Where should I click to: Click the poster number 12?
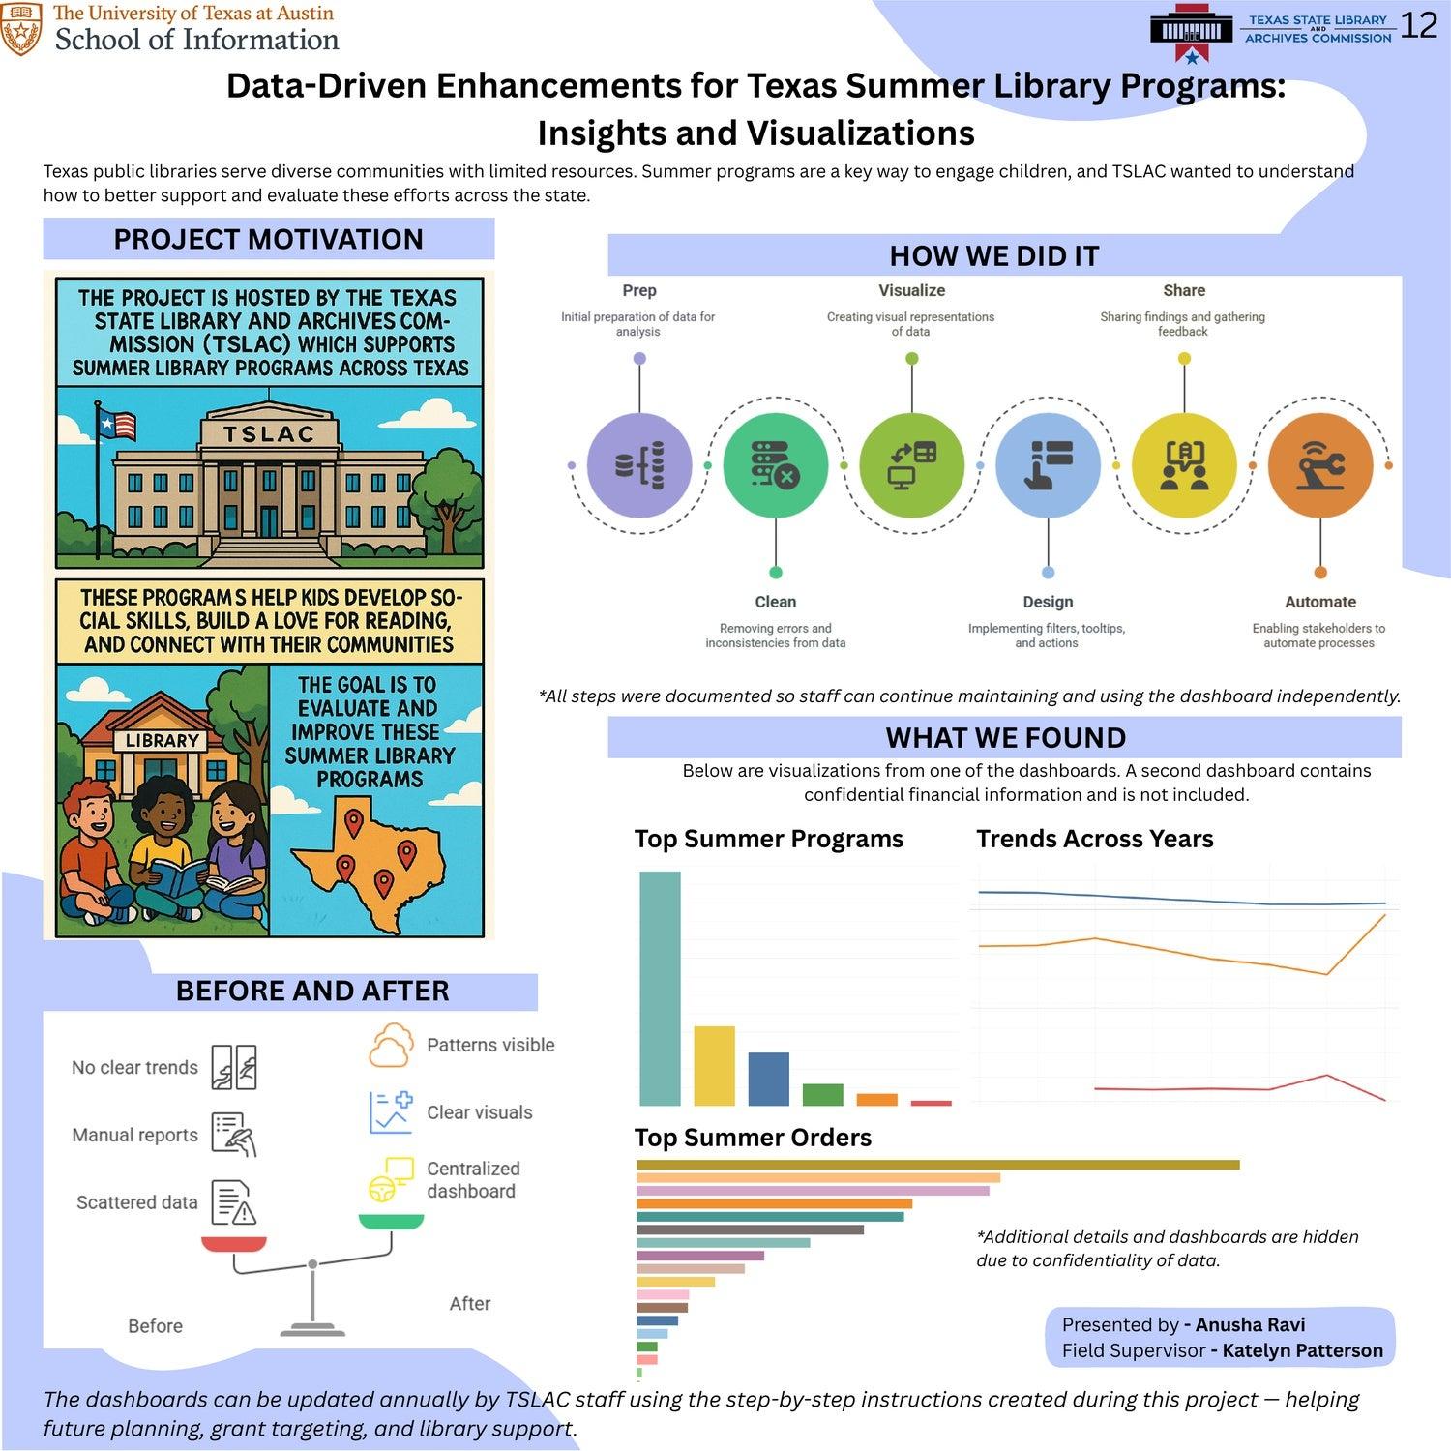pos(1418,25)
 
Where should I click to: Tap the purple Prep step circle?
pos(639,465)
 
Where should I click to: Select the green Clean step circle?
pos(776,465)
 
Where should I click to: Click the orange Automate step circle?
pos(1320,465)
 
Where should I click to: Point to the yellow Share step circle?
pos(1184,465)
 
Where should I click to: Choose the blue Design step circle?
pos(1048,465)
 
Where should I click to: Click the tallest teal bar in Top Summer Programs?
pos(660,988)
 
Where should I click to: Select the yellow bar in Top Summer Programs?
pos(714,1065)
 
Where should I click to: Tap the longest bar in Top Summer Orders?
pos(937,1165)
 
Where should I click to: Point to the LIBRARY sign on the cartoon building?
pos(162,741)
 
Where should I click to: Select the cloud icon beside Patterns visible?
pos(390,1046)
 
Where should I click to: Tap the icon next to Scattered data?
pos(233,1202)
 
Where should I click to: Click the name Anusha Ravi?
pos(1250,1325)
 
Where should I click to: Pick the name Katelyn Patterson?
pos(1302,1350)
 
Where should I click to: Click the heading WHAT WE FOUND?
pos(1005,738)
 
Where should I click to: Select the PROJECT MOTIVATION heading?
pos(268,239)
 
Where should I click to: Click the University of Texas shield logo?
pos(21,29)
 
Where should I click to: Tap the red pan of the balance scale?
pos(234,1244)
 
